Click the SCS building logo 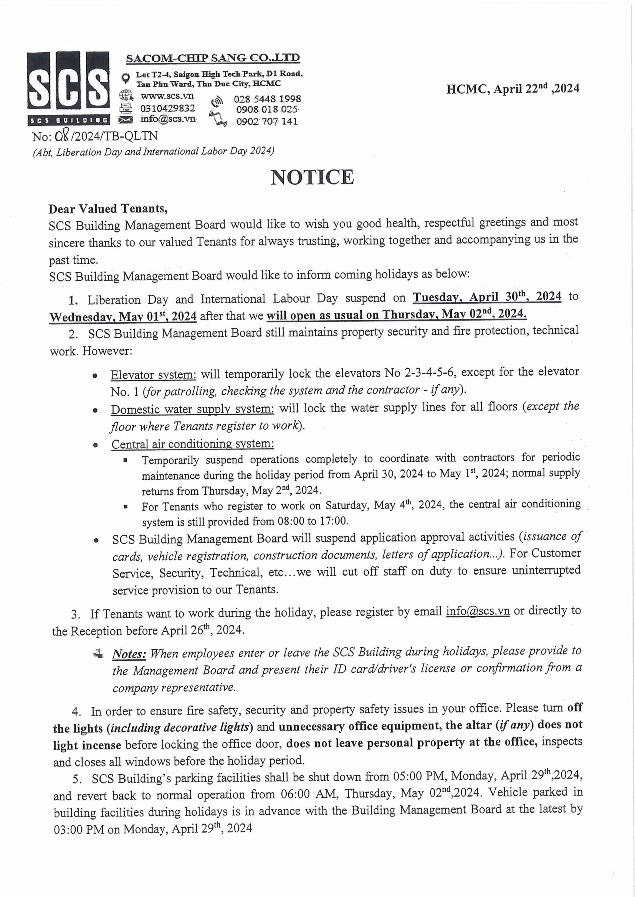click(x=68, y=88)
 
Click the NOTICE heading click(x=313, y=178)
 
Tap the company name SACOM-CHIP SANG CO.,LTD click(x=213, y=58)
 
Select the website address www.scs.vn click(x=167, y=96)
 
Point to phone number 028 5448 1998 click(x=268, y=99)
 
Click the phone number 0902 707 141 click(x=267, y=122)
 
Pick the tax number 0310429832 click(x=167, y=108)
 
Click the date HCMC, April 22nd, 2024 click(x=513, y=89)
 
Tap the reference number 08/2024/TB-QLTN click(x=95, y=136)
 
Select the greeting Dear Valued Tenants click(x=108, y=209)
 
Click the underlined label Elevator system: click(x=153, y=375)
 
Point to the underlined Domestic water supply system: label click(x=192, y=409)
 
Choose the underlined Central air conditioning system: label click(x=192, y=444)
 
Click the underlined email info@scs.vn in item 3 click(x=478, y=611)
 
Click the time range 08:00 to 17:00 click(x=312, y=521)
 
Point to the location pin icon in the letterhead click(x=125, y=78)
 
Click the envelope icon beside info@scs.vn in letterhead click(x=126, y=119)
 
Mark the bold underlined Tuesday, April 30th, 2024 click(x=487, y=296)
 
